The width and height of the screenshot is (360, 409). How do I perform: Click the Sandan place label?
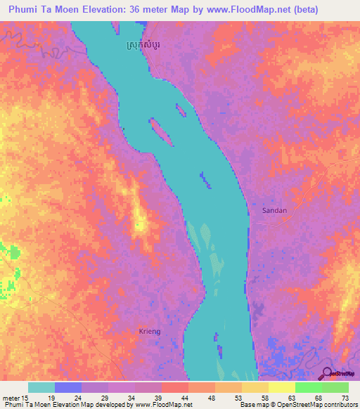click(275, 210)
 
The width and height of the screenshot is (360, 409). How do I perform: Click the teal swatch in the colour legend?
click(41, 387)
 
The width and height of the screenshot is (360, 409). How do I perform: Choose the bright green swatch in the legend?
click(308, 387)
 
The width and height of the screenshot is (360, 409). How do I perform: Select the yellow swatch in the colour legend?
click(281, 387)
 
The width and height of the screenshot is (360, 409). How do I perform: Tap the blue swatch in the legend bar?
click(67, 387)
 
